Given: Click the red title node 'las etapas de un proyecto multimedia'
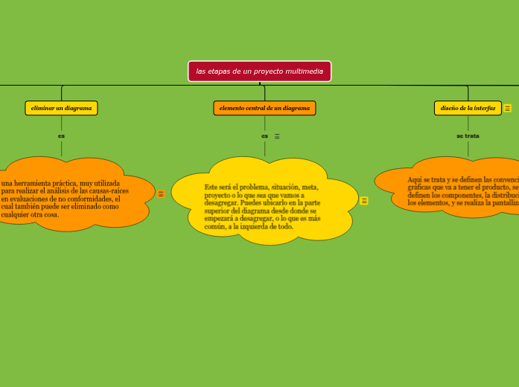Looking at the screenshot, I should pyautogui.click(x=259, y=71).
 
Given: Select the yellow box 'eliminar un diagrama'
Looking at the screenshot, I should pyautogui.click(x=61, y=108).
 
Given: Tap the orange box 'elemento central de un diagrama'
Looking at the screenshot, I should pyautogui.click(x=264, y=108).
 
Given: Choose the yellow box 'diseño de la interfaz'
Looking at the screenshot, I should pyautogui.click(x=468, y=108).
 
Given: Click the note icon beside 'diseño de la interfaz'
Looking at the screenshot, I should pyautogui.click(x=508, y=109).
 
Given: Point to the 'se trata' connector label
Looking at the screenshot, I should pyautogui.click(x=468, y=136).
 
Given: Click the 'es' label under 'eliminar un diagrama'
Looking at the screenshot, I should pyautogui.click(x=61, y=136).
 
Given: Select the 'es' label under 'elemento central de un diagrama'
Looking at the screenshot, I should pyautogui.click(x=264, y=136).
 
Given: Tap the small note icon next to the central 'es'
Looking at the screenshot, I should pyautogui.click(x=277, y=136).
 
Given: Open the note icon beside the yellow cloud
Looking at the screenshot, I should pyautogui.click(x=364, y=200).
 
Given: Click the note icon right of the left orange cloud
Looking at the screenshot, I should pyautogui.click(x=161, y=194).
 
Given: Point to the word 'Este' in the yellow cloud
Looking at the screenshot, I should pyautogui.click(x=212, y=187).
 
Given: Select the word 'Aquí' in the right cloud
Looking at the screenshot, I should pyautogui.click(x=415, y=179).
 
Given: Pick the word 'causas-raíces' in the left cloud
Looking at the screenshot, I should pyautogui.click(x=109, y=191).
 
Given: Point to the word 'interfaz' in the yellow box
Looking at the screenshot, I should pyautogui.click(x=485, y=108).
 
